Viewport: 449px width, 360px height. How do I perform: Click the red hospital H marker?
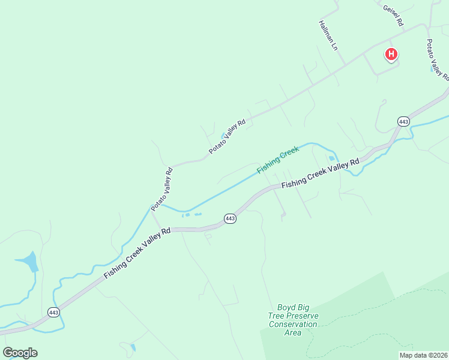coord(391,55)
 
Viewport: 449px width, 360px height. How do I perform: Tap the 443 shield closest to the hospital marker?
coord(403,122)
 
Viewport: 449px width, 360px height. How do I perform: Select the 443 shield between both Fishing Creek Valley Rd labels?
coord(230,218)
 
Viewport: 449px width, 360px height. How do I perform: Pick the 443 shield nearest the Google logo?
coord(53,312)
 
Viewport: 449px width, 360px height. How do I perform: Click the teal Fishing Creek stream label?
coord(278,160)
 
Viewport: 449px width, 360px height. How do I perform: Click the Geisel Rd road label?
coord(393,16)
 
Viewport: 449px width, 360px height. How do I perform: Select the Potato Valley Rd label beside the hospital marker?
coord(437,60)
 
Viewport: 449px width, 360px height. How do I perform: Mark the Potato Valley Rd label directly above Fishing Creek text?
coord(228,137)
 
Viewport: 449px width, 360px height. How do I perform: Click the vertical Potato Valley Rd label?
coord(162,188)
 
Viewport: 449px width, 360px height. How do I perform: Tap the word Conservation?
coord(293,325)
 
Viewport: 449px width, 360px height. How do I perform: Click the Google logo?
coord(20,353)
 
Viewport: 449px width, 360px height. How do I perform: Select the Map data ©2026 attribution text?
coord(424,355)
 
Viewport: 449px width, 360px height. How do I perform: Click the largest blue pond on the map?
coord(29,262)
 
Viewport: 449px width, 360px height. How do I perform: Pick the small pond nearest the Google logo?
coord(132,347)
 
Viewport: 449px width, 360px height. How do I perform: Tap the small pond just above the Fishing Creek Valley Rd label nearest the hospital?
coord(331,158)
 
